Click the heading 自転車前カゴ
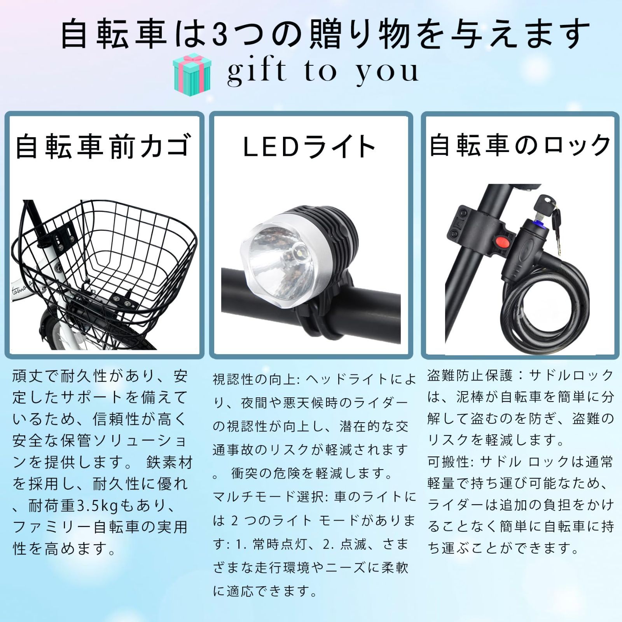coord(104,147)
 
